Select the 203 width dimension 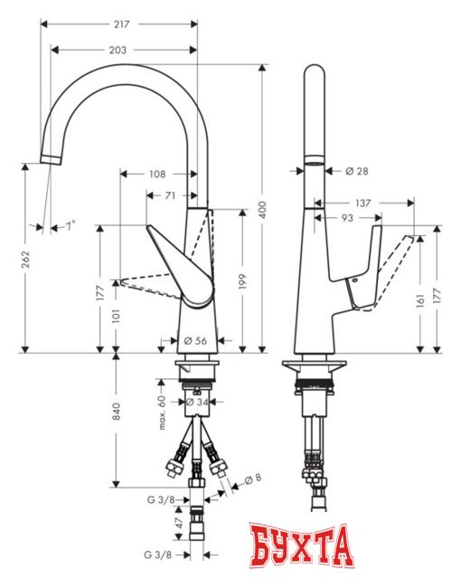tap(116, 50)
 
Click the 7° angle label tap(70, 224)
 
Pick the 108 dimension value tap(158, 172)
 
